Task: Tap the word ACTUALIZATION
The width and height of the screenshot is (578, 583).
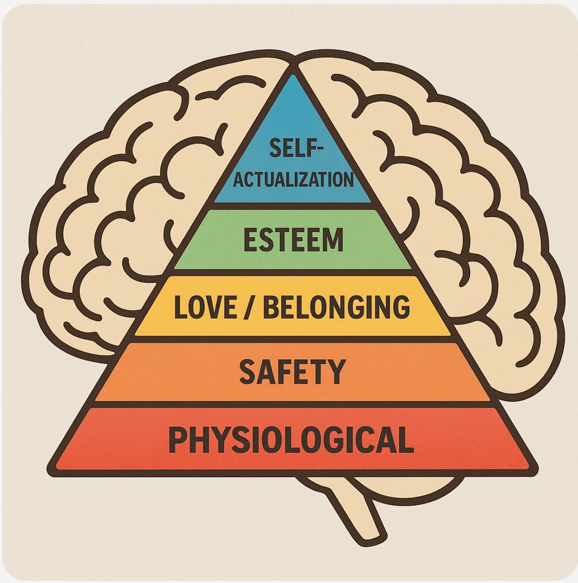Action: point(293,180)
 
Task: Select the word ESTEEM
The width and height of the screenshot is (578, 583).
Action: point(293,240)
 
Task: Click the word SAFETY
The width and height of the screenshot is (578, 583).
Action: point(292,372)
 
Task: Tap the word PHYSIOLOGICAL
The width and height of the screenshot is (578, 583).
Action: point(291,440)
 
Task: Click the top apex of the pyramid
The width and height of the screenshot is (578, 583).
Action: point(292,66)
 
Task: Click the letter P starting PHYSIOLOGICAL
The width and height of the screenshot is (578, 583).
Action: point(177,440)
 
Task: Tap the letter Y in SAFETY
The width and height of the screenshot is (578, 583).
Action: point(337,372)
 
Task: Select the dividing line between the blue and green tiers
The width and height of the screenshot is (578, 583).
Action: point(293,205)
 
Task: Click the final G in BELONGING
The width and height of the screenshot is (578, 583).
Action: point(400,307)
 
